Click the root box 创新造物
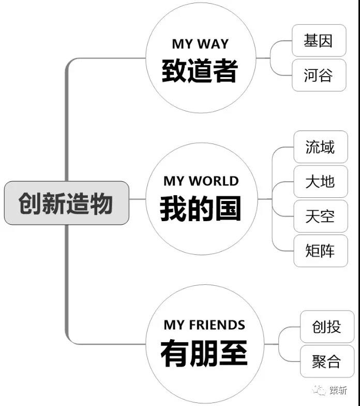coord(66,203)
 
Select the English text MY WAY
coord(201,44)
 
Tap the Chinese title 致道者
coord(200,70)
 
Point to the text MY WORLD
coord(201,181)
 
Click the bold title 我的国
coord(201,208)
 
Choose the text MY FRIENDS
coord(204,325)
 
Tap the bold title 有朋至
coord(204,353)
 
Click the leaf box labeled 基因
coord(319,40)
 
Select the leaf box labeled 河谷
coord(319,75)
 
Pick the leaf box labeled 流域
coord(321,147)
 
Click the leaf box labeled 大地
coord(321,181)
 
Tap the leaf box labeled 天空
coord(321,216)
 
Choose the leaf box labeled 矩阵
coord(321,251)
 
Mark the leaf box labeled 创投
coord(327,326)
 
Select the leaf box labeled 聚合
coord(327,361)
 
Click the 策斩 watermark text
coord(338,390)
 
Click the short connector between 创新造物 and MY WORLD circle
coord(138,199)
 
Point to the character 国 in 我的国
coord(228,208)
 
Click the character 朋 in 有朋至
coord(204,353)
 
